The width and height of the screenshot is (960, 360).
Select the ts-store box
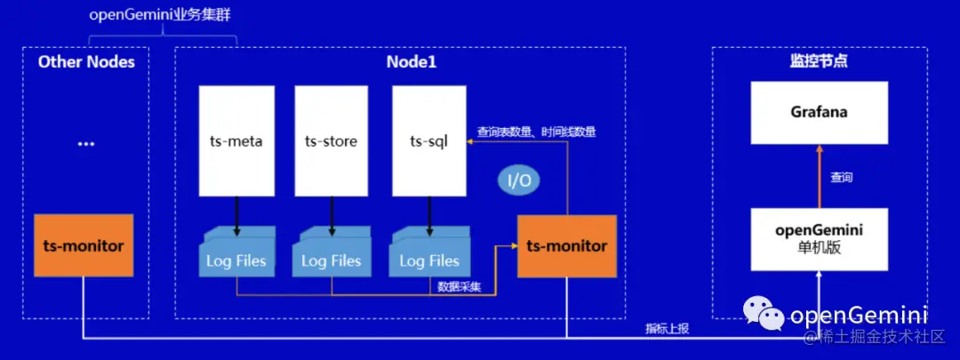pos(331,140)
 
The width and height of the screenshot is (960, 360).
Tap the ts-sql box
pos(429,140)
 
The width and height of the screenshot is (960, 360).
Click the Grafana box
pos(819,113)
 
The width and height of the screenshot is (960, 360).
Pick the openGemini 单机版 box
pos(819,239)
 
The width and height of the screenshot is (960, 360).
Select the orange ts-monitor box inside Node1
pos(566,245)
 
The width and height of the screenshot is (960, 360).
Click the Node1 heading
pos(412,62)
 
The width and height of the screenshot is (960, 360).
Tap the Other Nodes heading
pos(86,61)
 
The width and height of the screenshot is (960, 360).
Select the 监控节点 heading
pos(818,61)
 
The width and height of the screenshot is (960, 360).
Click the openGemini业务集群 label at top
pos(162,16)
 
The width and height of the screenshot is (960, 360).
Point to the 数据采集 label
pos(460,287)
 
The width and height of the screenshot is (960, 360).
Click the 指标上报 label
pos(667,329)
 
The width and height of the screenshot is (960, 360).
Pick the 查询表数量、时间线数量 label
pos(536,132)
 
